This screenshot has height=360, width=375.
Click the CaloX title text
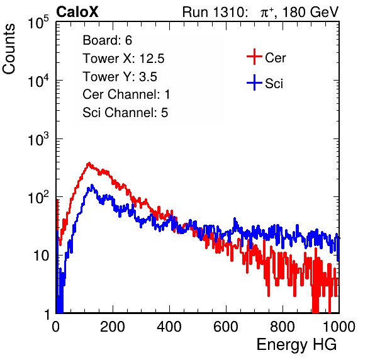[77, 12]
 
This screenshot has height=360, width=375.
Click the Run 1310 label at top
[215, 12]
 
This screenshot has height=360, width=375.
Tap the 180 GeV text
[311, 12]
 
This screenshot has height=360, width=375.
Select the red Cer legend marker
[254, 57]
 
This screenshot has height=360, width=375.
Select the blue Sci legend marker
[254, 83]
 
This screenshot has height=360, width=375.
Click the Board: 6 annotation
[107, 40]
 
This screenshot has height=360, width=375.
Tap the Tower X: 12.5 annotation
[123, 59]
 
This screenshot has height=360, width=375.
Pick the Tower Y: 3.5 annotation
[120, 77]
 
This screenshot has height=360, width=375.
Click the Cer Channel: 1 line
[126, 94]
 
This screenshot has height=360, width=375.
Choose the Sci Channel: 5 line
[125, 113]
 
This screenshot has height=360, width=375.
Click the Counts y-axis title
[9, 49]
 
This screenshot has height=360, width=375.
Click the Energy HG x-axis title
[296, 345]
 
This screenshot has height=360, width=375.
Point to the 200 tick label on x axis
[113, 327]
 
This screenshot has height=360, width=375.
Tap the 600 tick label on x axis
[226, 327]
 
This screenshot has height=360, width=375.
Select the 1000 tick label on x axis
[339, 327]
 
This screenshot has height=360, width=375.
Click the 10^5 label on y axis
[38, 23]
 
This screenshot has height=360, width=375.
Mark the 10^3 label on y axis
[38, 139]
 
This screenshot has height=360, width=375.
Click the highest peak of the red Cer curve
[89, 163]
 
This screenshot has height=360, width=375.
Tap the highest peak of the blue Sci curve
[92, 185]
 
